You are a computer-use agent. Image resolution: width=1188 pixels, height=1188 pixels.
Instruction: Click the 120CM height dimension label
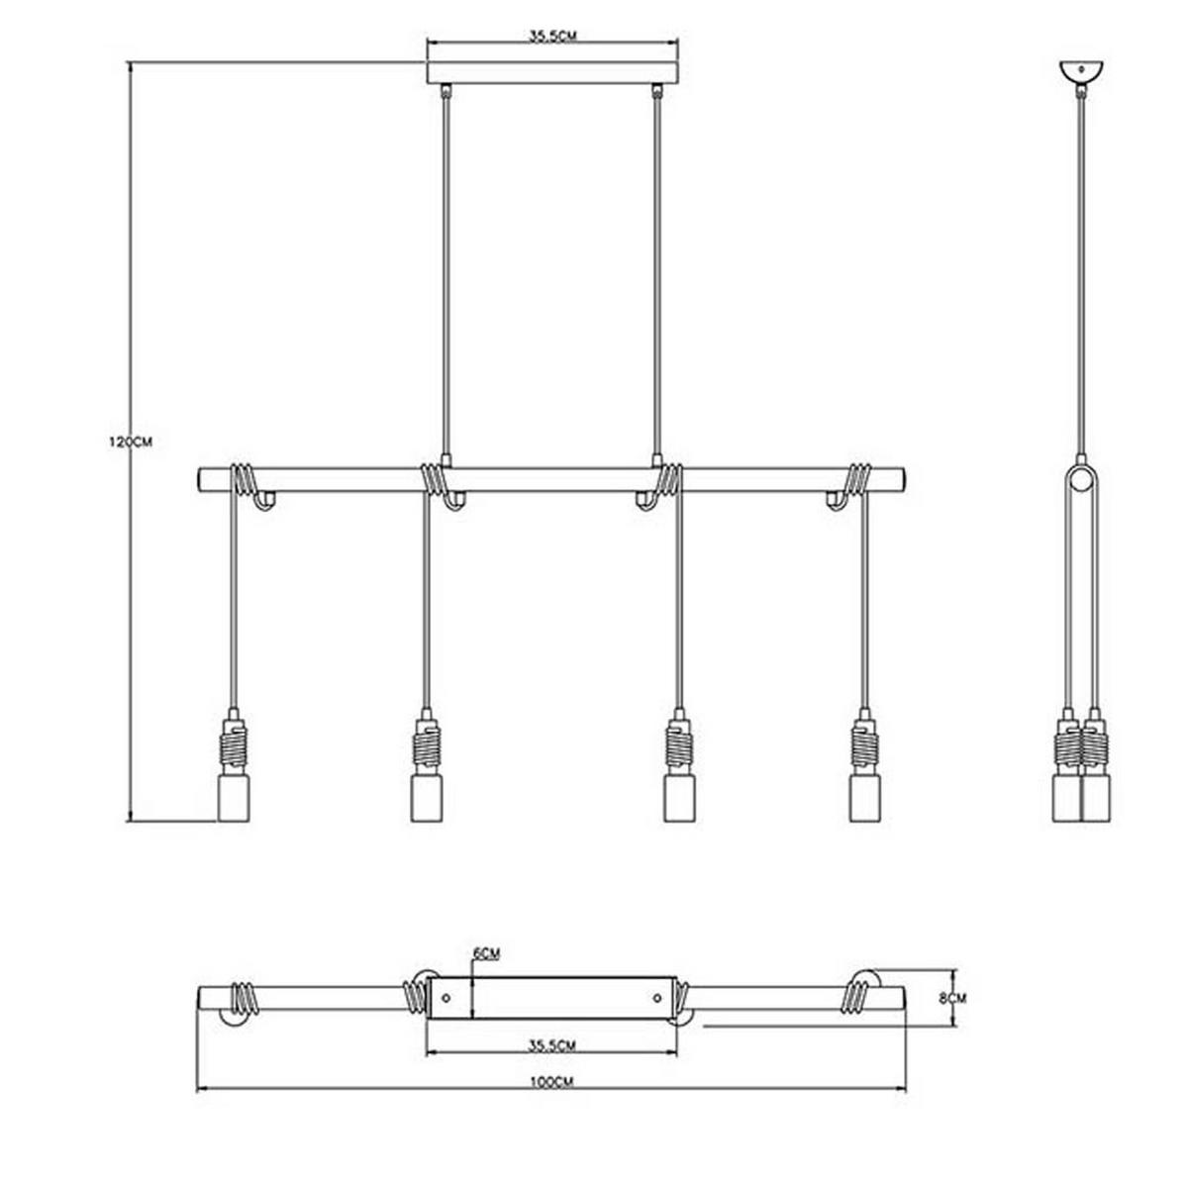pyautogui.click(x=130, y=442)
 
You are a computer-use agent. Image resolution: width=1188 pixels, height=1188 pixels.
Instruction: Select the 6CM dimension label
pyautogui.click(x=486, y=953)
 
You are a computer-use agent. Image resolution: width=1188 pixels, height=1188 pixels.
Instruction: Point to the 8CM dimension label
pyautogui.click(x=952, y=998)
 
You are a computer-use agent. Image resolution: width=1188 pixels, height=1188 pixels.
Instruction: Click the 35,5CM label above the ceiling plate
pyautogui.click(x=553, y=36)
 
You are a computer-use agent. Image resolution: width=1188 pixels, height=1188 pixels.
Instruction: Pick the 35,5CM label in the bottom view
pyautogui.click(x=552, y=1045)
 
